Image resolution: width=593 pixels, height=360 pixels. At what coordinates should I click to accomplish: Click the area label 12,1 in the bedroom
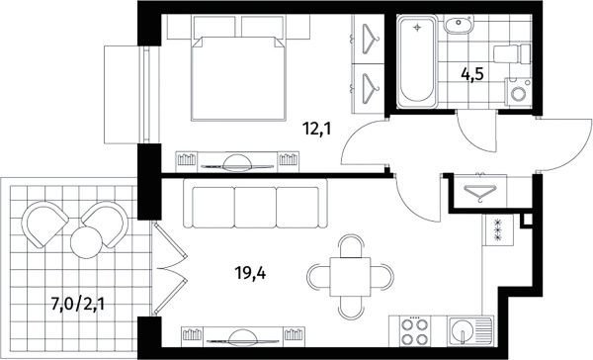[317, 130]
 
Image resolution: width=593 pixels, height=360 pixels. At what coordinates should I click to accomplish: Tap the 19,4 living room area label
[250, 272]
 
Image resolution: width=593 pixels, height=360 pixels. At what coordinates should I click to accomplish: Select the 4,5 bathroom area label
[472, 74]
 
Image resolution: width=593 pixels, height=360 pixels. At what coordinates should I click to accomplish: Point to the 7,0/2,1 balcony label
[77, 304]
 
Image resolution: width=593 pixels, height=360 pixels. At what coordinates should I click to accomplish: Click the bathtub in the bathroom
[417, 61]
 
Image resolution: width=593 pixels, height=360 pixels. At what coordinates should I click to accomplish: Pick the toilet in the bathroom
[512, 53]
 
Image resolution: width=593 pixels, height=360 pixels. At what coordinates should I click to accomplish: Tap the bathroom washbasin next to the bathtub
[458, 25]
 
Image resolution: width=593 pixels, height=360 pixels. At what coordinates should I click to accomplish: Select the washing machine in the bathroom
[518, 92]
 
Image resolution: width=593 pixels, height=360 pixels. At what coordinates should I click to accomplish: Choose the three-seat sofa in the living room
[255, 204]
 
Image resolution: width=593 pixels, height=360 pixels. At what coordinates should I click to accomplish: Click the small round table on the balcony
[87, 242]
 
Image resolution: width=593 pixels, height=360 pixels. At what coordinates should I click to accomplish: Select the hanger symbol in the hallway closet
[480, 191]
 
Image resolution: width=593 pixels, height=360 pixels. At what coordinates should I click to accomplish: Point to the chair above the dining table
[350, 245]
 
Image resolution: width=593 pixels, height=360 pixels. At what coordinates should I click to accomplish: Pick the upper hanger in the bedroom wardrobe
[371, 39]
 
